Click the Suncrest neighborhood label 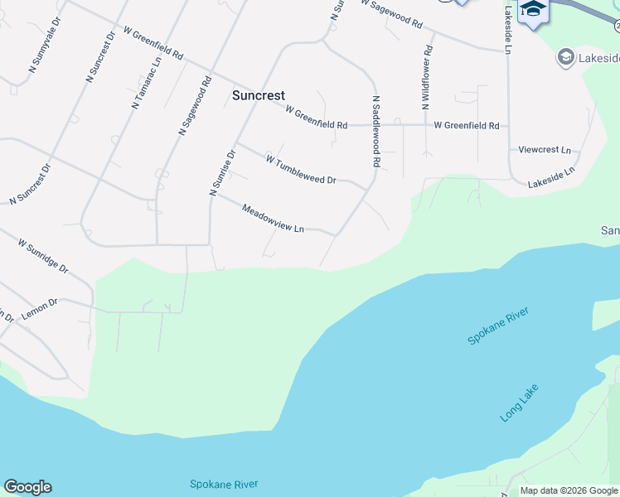tap(258, 96)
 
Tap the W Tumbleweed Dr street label tap(301, 169)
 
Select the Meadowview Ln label tap(274, 218)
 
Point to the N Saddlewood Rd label tap(375, 133)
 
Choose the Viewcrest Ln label tap(545, 150)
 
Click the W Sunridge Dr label tap(43, 257)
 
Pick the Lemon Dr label tap(39, 305)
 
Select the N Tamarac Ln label tap(146, 84)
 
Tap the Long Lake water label tap(520, 403)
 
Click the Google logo tap(27, 487)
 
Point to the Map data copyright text tap(568, 490)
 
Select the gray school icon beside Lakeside tap(566, 56)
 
